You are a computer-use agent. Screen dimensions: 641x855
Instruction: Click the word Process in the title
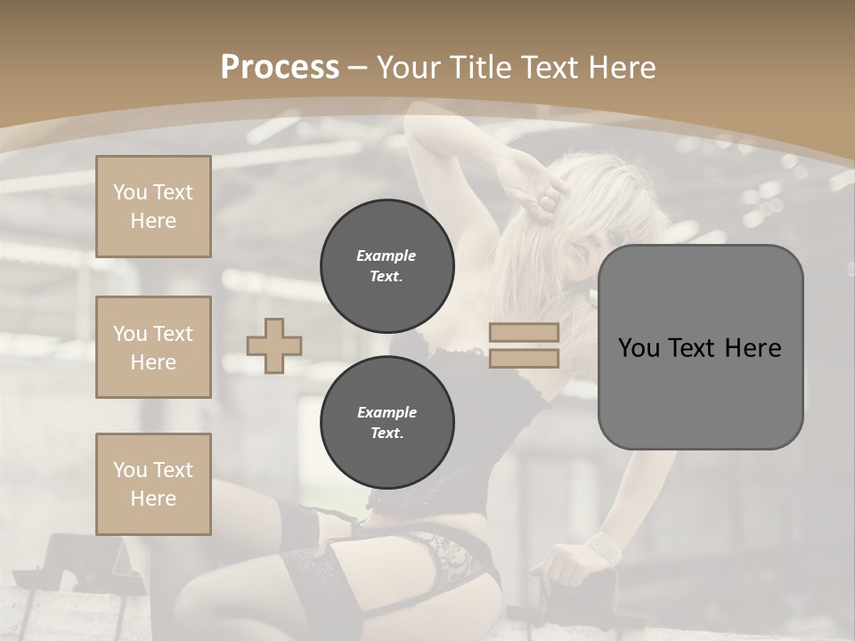point(280,68)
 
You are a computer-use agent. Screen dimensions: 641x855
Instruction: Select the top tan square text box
point(153,207)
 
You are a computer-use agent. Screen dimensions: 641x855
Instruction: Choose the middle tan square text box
point(153,347)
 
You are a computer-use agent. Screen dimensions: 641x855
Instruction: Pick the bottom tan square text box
point(153,484)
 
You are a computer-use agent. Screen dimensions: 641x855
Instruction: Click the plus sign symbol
point(274,345)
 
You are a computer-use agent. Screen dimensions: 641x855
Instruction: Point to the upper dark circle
point(387,266)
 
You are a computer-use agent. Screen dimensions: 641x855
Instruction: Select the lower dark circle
point(387,423)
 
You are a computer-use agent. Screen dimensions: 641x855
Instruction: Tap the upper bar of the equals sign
point(524,333)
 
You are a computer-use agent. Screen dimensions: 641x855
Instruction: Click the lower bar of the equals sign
point(524,359)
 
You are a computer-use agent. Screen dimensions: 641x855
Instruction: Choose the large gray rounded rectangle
point(700,347)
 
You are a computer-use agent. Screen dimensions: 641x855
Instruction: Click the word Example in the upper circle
point(387,256)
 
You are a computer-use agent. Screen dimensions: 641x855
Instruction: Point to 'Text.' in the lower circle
point(387,434)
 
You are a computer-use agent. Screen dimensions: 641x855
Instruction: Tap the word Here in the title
point(621,68)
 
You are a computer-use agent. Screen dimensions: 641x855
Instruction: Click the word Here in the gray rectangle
point(753,348)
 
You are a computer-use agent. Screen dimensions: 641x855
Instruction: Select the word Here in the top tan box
point(153,221)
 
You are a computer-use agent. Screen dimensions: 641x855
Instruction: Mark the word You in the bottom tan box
point(130,470)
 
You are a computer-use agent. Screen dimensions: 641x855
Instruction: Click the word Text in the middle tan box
point(172,334)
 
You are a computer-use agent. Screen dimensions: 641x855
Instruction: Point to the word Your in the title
point(409,68)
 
